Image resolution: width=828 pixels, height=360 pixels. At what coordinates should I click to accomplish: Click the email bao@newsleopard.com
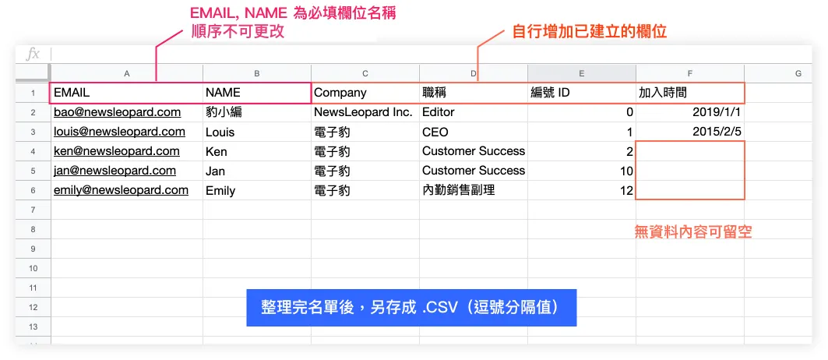tap(117, 112)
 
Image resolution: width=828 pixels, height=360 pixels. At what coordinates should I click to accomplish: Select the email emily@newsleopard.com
tap(121, 190)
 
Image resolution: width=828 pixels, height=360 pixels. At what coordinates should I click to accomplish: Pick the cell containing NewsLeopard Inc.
tap(363, 112)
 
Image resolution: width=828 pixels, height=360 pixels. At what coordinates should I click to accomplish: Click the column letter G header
tap(798, 73)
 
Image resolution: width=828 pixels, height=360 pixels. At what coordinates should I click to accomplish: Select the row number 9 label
tap(33, 249)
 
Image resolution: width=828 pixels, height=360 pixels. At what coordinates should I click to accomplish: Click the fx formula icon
tap(33, 54)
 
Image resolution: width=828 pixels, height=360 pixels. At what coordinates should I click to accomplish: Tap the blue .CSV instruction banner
tap(412, 308)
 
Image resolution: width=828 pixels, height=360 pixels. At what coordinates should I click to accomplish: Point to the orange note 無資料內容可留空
tap(693, 231)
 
